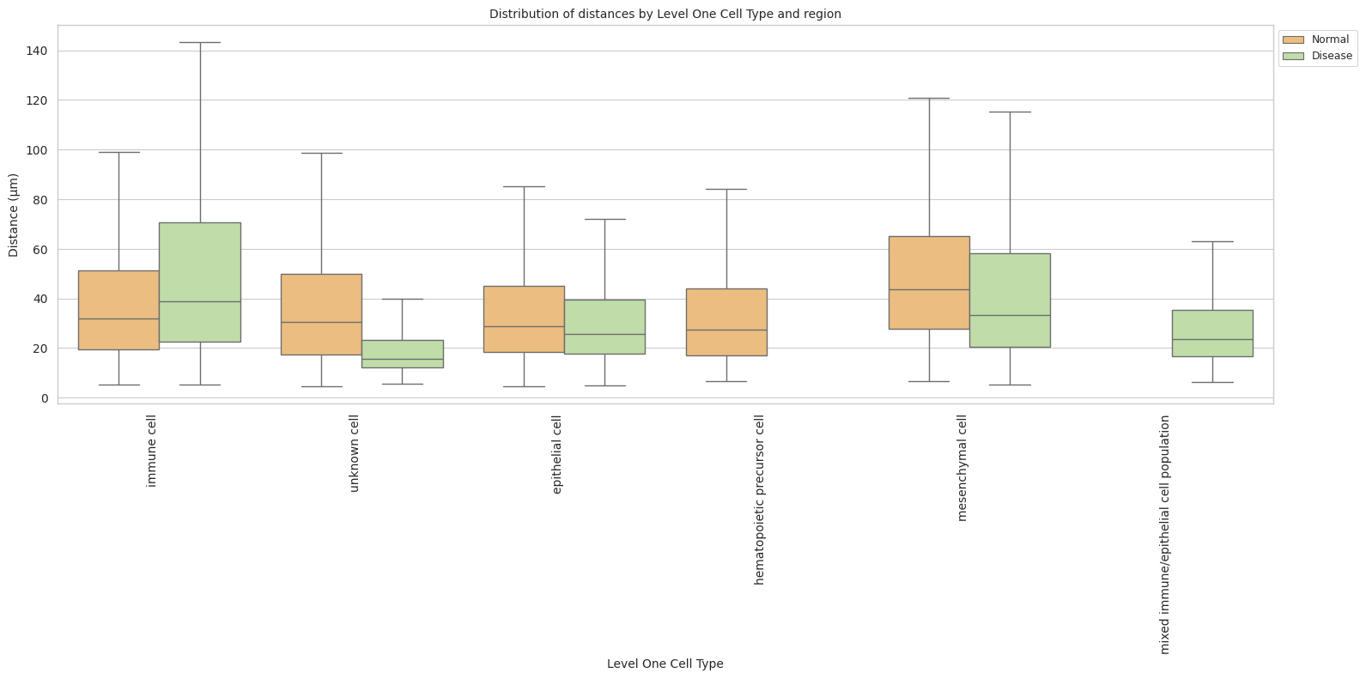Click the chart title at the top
pyautogui.click(x=665, y=14)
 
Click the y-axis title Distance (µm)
pyautogui.click(x=14, y=215)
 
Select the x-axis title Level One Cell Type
pyautogui.click(x=665, y=664)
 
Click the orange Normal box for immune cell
pyautogui.click(x=118, y=310)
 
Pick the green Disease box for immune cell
pyautogui.click(x=200, y=282)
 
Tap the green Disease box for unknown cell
pyautogui.click(x=403, y=354)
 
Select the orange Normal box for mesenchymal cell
pyautogui.click(x=929, y=282)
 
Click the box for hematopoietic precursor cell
pyautogui.click(x=726, y=322)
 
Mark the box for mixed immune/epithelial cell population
pyautogui.click(x=1212, y=333)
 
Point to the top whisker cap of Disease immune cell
pyautogui.click(x=200, y=42)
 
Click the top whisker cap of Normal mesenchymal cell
pyautogui.click(x=929, y=98)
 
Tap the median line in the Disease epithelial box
pyautogui.click(x=604, y=334)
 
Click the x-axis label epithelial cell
pyautogui.click(x=557, y=454)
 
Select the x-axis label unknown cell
pyautogui.click(x=355, y=453)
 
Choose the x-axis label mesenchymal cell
pyautogui.click(x=962, y=468)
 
